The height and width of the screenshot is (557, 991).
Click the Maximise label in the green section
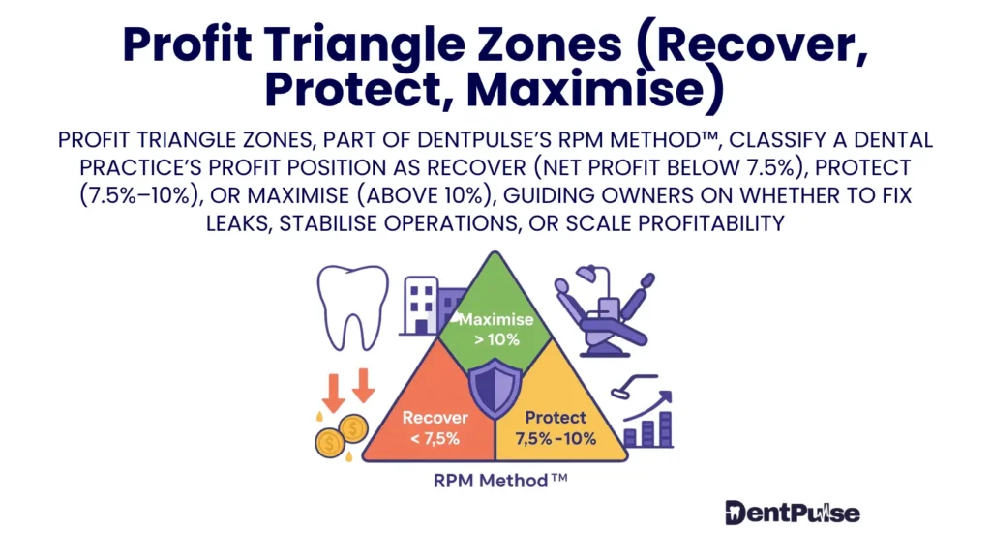pyautogui.click(x=495, y=319)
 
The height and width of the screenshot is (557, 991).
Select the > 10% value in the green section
pyautogui.click(x=495, y=339)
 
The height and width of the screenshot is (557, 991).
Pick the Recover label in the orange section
pyautogui.click(x=435, y=418)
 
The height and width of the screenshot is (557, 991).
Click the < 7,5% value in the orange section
pyautogui.click(x=435, y=438)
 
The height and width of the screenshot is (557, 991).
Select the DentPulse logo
pyautogui.click(x=792, y=513)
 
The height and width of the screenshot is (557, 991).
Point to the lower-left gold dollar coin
pyautogui.click(x=330, y=442)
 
